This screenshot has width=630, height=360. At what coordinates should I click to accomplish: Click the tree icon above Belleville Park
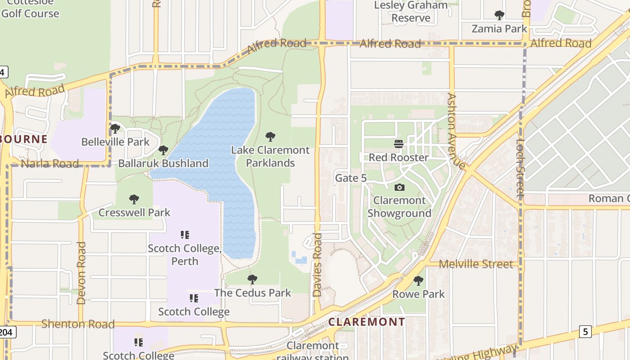pyautogui.click(x=115, y=129)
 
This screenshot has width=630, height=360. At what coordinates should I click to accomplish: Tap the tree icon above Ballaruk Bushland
pyautogui.click(x=163, y=150)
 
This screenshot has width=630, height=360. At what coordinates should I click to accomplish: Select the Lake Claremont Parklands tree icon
pyautogui.click(x=270, y=137)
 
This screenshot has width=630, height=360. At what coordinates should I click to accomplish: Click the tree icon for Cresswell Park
pyautogui.click(x=134, y=199)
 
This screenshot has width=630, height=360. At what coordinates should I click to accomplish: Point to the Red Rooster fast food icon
pyautogui.click(x=399, y=144)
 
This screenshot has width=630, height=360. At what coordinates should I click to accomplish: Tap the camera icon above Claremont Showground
pyautogui.click(x=399, y=187)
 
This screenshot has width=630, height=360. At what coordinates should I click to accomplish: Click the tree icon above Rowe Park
pyautogui.click(x=418, y=281)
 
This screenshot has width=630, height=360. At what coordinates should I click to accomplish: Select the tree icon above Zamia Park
pyautogui.click(x=499, y=15)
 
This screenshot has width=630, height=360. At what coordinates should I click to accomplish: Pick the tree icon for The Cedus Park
pyautogui.click(x=252, y=279)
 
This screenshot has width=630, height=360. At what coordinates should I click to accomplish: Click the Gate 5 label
pyautogui.click(x=351, y=178)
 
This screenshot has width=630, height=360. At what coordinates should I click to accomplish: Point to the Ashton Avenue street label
pyautogui.click(x=455, y=130)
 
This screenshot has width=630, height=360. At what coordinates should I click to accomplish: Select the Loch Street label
pyautogui.click(x=521, y=169)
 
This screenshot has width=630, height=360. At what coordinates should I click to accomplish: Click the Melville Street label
pyautogui.click(x=476, y=264)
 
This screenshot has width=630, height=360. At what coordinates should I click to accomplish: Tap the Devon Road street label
pyautogui.click(x=81, y=273)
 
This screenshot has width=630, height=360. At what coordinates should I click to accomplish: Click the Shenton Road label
pyautogui.click(x=78, y=324)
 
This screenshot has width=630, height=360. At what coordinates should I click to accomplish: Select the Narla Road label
pyautogui.click(x=49, y=164)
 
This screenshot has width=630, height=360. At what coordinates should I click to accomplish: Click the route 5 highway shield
pyautogui.click(x=585, y=332)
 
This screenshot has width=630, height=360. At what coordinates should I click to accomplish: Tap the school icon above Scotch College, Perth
pyautogui.click(x=184, y=234)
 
